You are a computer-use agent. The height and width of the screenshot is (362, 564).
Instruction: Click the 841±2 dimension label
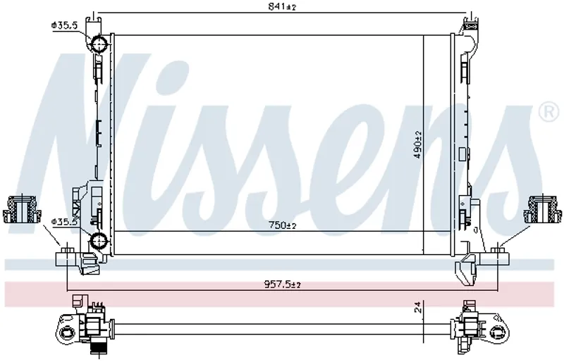281,6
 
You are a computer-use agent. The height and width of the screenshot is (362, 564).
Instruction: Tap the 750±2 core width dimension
283,226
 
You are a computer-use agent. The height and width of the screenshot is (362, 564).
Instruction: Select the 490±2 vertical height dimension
418,144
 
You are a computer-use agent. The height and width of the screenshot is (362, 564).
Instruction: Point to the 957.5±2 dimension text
283,285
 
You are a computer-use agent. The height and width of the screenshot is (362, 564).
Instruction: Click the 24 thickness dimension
417,307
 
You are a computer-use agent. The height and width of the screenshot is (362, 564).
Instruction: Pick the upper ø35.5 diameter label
64,25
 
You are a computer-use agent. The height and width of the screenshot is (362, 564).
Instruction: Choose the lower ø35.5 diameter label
64,222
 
